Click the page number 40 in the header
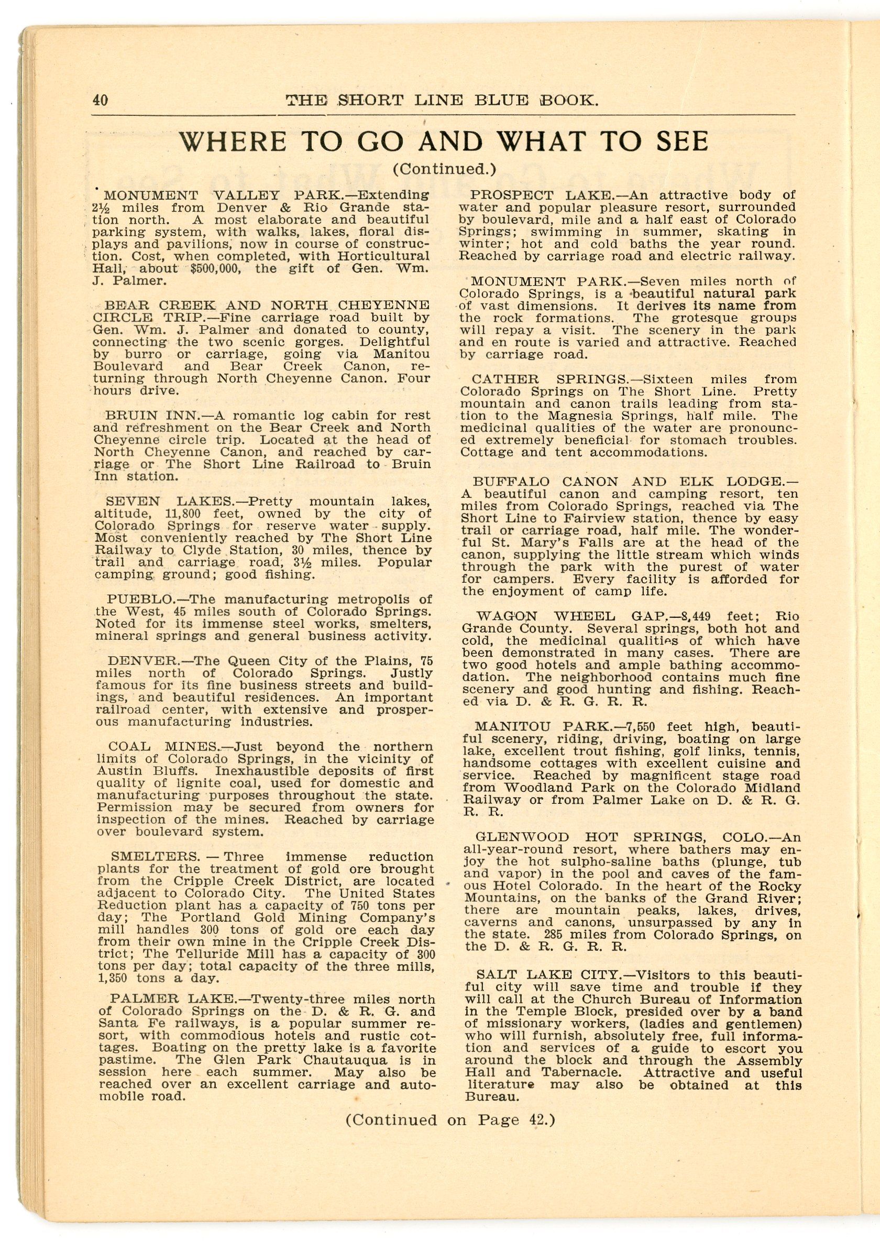pyautogui.click(x=100, y=100)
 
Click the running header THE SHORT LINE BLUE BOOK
pyautogui.click(x=442, y=101)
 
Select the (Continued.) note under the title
pyautogui.click(x=444, y=170)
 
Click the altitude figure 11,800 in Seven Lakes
pyautogui.click(x=188, y=514)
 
